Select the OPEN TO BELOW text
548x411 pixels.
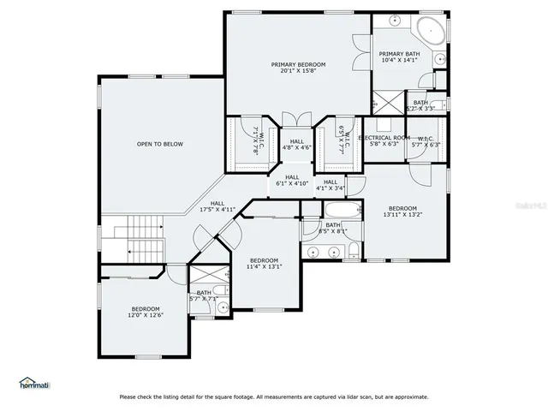[x=160, y=144]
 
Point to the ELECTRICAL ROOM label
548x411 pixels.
[x=383, y=140]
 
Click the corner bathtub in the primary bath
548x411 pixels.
[x=430, y=31]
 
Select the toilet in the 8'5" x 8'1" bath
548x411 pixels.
[x=353, y=251]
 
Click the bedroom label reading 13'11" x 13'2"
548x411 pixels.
[x=402, y=211]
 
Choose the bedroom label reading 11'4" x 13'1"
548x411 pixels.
[x=264, y=263]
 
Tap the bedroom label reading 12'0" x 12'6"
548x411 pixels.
[x=146, y=312]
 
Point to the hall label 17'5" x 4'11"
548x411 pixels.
[x=217, y=206]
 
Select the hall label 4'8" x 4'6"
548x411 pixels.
[x=296, y=144]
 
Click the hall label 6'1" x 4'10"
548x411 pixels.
[x=292, y=180]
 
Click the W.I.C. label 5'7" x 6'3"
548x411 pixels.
[x=425, y=141]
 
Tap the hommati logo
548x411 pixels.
[x=35, y=384]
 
